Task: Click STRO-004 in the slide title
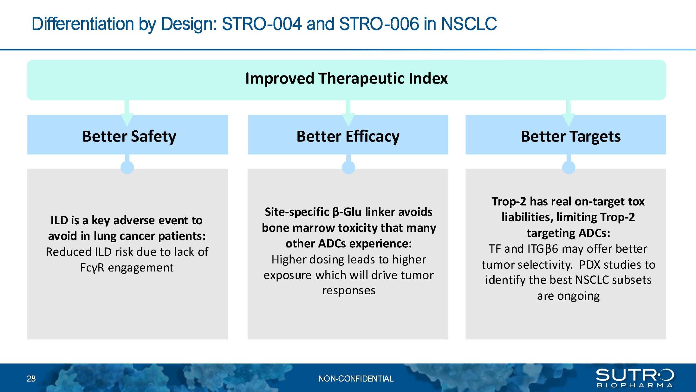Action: [262, 24]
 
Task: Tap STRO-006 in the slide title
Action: [379, 24]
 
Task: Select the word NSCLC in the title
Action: [469, 24]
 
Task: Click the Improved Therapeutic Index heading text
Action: [346, 79]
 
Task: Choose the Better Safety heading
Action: [129, 136]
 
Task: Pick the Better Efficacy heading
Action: [348, 136]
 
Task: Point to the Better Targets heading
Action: [571, 136]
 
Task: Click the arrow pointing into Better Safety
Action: [127, 113]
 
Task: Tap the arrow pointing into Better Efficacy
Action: [348, 113]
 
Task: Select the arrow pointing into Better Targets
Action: [568, 113]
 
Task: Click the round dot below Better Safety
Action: [127, 167]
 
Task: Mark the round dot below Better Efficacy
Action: [349, 167]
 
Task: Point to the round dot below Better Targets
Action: [569, 167]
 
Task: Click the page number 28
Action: [31, 379]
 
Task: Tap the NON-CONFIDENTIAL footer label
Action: [356, 379]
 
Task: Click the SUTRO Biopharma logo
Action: [635, 378]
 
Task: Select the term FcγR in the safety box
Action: [92, 268]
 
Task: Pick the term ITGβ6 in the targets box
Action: [543, 249]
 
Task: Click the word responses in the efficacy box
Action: [349, 291]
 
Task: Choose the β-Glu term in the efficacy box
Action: [347, 212]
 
